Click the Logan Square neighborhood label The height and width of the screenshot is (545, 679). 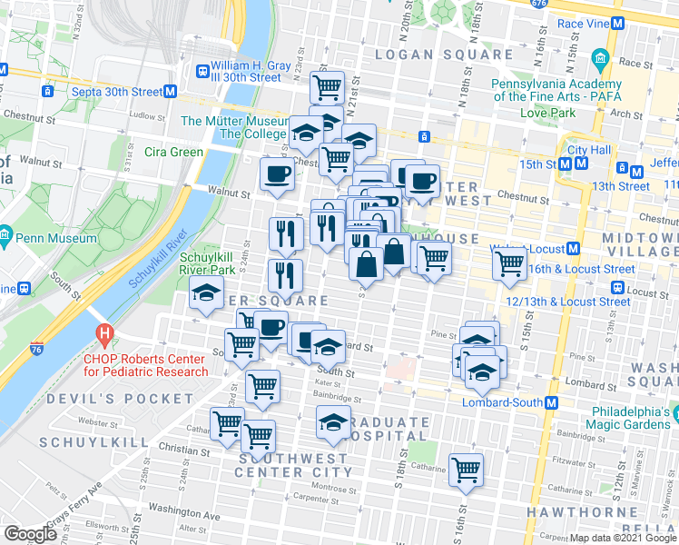click(446, 54)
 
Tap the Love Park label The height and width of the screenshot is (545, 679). click(548, 114)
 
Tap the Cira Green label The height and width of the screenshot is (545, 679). click(173, 152)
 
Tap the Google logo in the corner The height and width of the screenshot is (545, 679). click(30, 534)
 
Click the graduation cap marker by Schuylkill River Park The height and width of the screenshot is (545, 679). click(206, 292)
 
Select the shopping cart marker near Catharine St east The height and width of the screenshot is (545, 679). click(466, 470)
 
